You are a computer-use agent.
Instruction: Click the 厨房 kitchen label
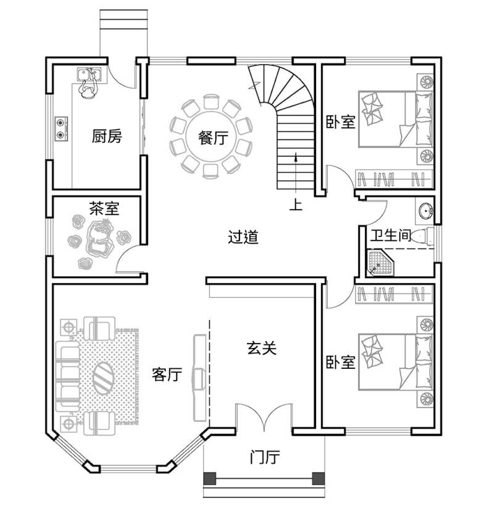[x=107, y=136]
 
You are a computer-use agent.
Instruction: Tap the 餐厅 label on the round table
[x=213, y=138]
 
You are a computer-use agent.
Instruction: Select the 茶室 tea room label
[x=104, y=208]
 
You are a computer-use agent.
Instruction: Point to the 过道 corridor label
[x=243, y=237]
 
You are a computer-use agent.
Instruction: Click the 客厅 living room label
[x=167, y=374]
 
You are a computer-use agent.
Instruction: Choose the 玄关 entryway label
[x=262, y=348]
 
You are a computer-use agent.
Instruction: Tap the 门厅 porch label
[x=265, y=457]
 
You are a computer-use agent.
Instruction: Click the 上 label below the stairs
[x=296, y=204]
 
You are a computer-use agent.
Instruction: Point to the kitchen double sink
[x=89, y=75]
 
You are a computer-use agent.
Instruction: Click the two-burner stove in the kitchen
[x=61, y=129]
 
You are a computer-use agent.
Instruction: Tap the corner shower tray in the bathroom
[x=380, y=263]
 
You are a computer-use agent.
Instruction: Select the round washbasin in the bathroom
[x=426, y=211]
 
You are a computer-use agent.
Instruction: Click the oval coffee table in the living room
[x=104, y=377]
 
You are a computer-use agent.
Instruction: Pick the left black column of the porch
[x=210, y=479]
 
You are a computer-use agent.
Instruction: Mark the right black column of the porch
[x=318, y=479]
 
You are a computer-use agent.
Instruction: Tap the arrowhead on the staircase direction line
[x=296, y=158]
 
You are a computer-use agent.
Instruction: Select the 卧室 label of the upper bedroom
[x=341, y=122]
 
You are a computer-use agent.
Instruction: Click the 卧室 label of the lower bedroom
[x=341, y=362]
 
